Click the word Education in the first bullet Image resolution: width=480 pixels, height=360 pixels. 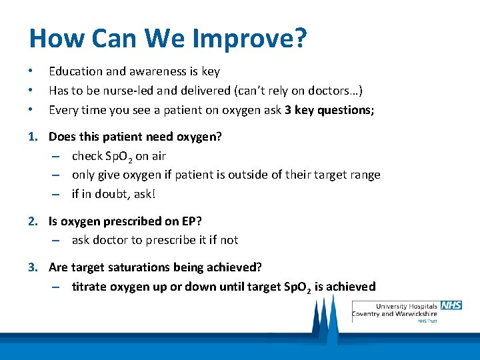pyautogui.click(x=74, y=71)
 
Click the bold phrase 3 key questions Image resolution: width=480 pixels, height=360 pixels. pyautogui.click(x=328, y=110)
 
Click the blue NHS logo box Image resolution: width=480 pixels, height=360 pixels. pyautogui.click(x=451, y=305)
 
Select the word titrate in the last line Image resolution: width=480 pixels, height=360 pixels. pyautogui.click(x=88, y=287)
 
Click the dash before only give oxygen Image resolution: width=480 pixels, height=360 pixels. pyautogui.click(x=59, y=175)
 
